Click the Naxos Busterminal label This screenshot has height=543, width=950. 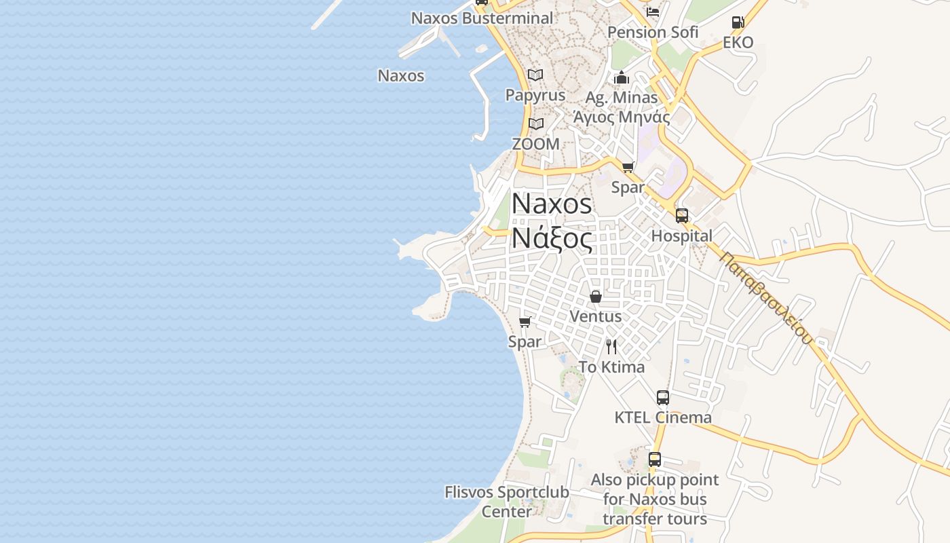point(482,18)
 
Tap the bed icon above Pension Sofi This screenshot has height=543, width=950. point(653,12)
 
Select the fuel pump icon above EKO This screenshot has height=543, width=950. point(738,22)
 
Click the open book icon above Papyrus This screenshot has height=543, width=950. point(535,75)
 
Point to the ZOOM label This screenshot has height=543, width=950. point(535,144)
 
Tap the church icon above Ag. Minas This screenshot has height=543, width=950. point(622,77)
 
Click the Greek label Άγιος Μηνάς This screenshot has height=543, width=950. point(622,117)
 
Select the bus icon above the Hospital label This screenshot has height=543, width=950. point(682,216)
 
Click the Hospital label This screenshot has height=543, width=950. point(682,236)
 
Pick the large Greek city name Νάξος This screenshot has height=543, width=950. point(552,238)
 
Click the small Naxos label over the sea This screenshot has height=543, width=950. point(401,75)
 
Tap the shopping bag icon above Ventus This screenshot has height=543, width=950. point(596,297)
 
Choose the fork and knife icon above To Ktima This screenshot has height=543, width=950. point(611,347)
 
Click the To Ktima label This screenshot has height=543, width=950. point(611,367)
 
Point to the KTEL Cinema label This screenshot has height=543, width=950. point(663,417)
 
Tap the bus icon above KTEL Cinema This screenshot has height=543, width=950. point(663,398)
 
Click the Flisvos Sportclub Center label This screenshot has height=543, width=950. point(507,501)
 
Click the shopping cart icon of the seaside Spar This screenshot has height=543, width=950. point(525,322)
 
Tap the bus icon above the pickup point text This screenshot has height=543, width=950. point(655,460)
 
